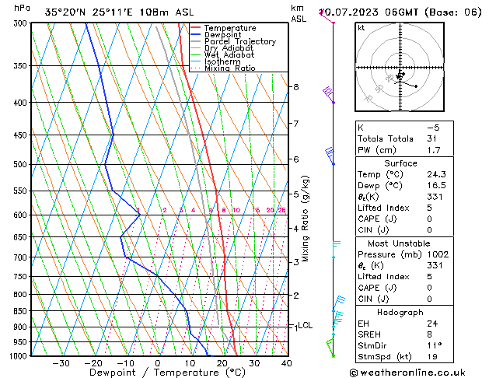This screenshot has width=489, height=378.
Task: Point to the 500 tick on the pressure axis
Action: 22,164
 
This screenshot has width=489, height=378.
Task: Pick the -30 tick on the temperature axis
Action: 61,363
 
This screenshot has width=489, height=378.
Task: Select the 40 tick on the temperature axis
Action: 286,363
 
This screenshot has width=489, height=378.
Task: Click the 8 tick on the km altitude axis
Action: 295,86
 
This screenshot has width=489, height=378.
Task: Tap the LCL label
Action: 306,326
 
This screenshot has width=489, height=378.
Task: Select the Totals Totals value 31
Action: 433,139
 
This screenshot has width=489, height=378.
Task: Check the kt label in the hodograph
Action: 361,28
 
